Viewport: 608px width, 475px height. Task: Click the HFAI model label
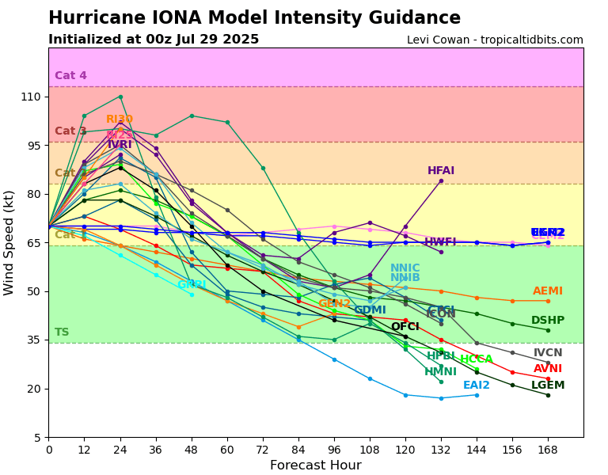tap(441, 171)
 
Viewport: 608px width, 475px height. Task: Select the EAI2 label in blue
tap(477, 386)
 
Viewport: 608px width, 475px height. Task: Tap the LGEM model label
tap(548, 386)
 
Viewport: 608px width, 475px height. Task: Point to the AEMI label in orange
tap(548, 291)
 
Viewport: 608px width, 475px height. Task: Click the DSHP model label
tap(548, 321)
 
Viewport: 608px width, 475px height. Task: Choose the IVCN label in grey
tap(548, 353)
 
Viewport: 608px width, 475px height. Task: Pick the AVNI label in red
tap(548, 369)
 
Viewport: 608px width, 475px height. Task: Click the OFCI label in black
tap(405, 327)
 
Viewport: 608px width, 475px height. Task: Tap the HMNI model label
tap(441, 372)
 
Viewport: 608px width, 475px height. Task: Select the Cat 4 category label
tap(70, 76)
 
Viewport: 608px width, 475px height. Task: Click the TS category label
tap(62, 332)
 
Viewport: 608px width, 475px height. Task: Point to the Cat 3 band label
tap(70, 131)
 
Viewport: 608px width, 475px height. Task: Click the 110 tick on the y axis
tap(30, 97)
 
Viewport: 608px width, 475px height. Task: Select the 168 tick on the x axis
tap(548, 450)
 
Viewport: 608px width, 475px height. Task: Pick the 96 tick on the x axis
tap(334, 450)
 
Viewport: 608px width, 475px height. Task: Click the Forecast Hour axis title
tap(315, 465)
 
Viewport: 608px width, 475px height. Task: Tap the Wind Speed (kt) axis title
tap(9, 242)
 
